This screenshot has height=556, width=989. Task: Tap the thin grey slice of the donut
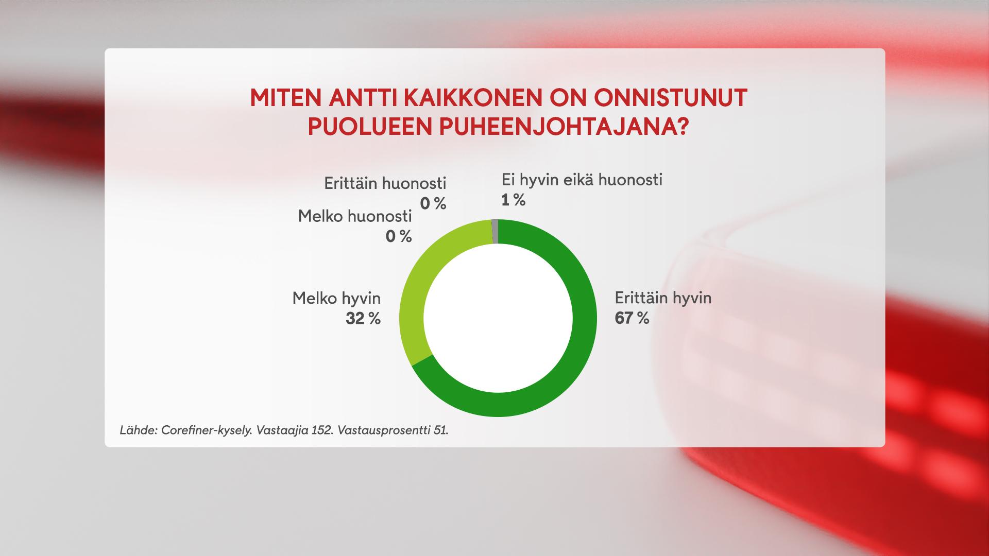pos(495,231)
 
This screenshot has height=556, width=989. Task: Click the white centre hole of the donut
pos(498,318)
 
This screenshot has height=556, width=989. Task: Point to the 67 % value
pos(632,318)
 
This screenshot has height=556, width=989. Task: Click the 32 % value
pos(363,319)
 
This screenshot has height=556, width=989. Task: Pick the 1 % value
pos(513,200)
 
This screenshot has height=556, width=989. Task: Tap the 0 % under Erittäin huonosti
pos(433,204)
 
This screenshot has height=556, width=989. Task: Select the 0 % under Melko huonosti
pos(399,236)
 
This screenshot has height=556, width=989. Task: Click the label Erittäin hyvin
pos(662,298)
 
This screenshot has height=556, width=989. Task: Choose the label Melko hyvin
pos(336,298)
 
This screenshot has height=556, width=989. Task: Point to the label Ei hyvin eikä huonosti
pos(582,180)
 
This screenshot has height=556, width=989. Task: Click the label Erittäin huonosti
pos(385,183)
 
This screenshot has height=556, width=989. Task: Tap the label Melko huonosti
pos(355,216)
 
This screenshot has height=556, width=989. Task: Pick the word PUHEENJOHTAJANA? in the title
pos(564,127)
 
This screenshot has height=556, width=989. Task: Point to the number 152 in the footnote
pos(321,430)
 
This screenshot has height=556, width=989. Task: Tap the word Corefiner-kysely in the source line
pos(206,430)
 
